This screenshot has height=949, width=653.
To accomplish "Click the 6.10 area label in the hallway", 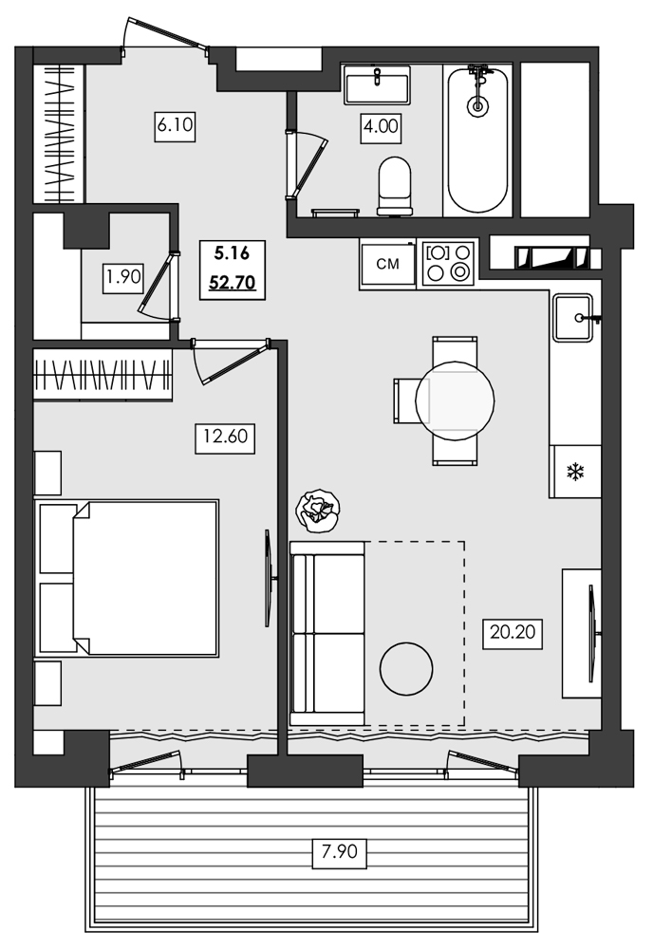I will pos(175,126).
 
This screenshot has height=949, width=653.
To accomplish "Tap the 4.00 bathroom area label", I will pos(381,126).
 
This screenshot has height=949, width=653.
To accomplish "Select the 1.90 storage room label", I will pos(123,277).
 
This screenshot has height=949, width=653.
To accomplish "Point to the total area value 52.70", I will pos(232,281).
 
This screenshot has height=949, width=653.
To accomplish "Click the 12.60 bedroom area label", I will pos(224,437).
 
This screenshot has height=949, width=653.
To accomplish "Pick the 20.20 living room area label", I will pos(511,631).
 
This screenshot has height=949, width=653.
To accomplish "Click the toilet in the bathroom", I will pos(395,185).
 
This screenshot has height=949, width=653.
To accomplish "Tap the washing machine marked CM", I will pos(388,264).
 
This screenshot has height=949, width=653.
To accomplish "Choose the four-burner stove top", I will pos(449,263).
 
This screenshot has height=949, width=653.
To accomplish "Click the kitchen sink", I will pos(573,317).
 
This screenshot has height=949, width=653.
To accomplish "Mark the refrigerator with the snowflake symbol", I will pos(574,472).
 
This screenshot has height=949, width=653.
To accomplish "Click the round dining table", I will pos(455,400).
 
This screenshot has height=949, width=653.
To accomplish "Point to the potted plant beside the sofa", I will pos(317,510).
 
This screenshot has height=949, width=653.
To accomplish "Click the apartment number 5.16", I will pos(232,253).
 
